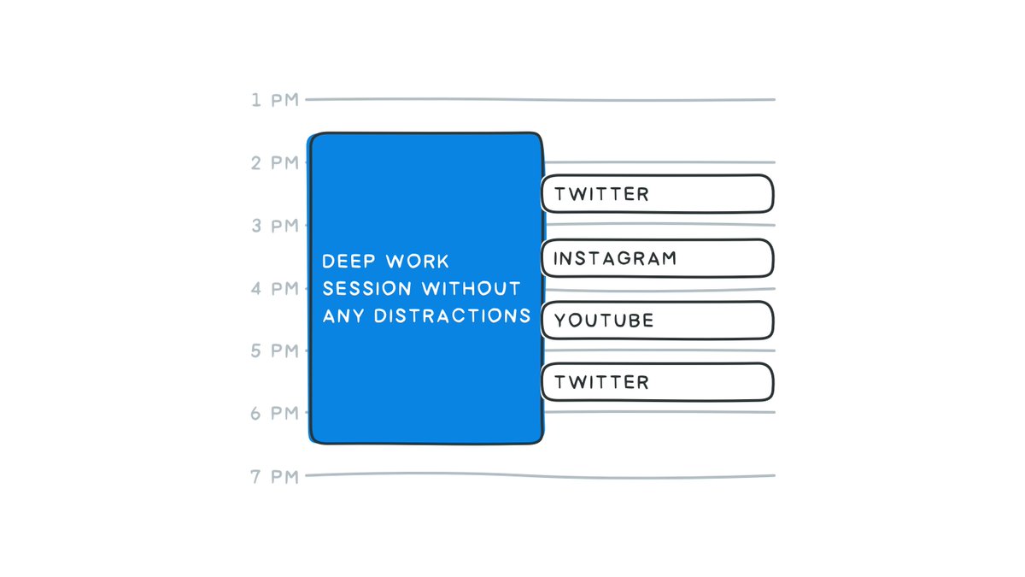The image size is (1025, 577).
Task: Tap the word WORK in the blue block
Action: coord(418,261)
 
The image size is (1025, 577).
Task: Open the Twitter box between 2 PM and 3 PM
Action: coord(657,194)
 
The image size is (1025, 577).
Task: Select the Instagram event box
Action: coord(657,257)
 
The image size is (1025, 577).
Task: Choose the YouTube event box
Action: coord(657,320)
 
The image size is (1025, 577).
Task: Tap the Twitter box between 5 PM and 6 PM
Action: coord(657,382)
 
